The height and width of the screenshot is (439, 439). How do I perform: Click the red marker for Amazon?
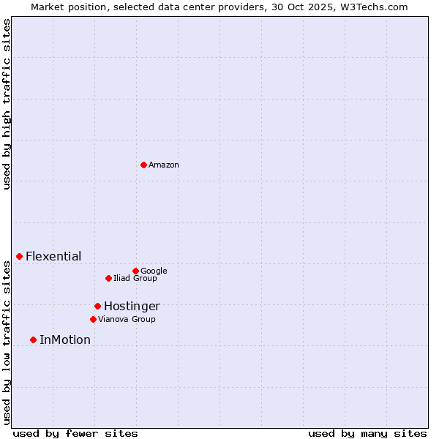click(143, 165)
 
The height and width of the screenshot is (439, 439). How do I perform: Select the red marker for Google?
click(135, 271)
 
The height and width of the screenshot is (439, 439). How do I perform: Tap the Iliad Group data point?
click(108, 278)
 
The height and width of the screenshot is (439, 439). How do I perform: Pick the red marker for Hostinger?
click(97, 306)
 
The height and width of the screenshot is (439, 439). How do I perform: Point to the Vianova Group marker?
click(93, 319)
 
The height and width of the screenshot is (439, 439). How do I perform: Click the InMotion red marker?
click(33, 339)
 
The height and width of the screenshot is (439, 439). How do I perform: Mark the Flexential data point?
click(19, 256)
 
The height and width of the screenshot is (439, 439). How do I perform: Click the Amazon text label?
click(164, 165)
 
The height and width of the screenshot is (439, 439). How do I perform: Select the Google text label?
click(154, 271)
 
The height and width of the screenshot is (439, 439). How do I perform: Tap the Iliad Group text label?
click(135, 279)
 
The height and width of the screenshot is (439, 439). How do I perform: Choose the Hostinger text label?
click(132, 307)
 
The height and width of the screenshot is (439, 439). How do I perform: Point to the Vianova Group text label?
click(127, 320)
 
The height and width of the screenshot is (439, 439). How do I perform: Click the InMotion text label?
click(65, 340)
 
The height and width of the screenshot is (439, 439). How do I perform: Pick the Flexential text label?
click(53, 257)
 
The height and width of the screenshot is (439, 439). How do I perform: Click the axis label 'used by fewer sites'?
click(75, 434)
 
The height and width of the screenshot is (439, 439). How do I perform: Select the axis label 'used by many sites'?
click(367, 434)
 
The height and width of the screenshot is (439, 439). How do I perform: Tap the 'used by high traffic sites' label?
click(7, 104)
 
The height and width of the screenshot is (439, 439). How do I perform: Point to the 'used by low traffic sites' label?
click(7, 342)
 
